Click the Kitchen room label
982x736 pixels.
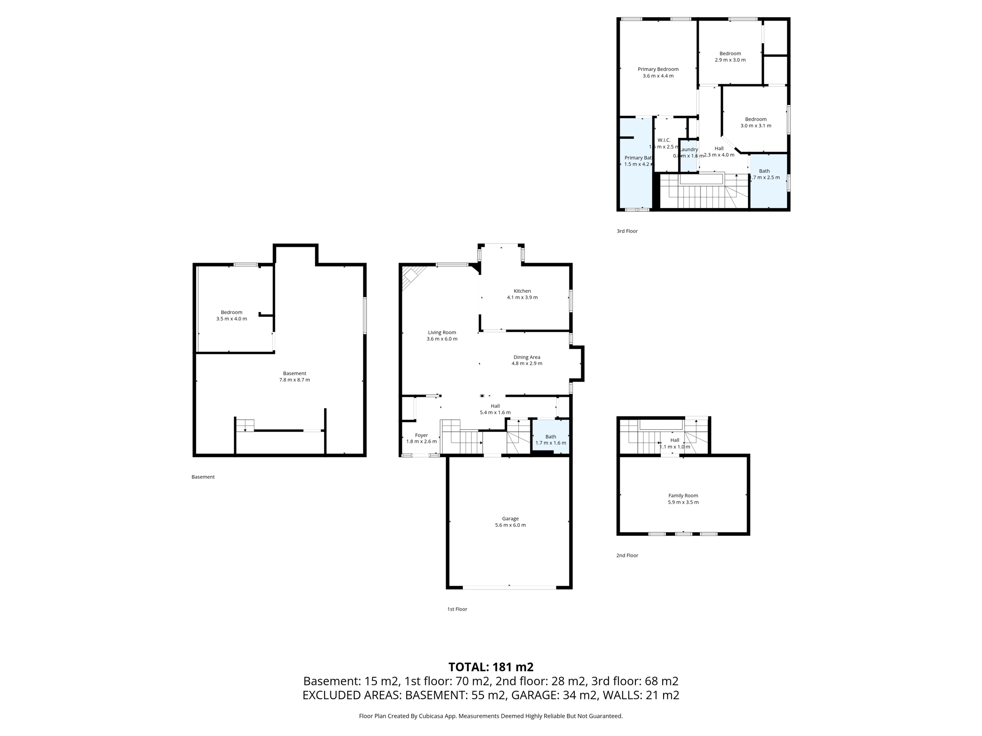click(522, 291)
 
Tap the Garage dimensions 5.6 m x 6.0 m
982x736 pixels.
click(510, 525)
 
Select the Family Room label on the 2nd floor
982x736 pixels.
click(683, 496)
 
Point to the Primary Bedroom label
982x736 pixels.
click(658, 69)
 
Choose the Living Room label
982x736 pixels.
click(442, 333)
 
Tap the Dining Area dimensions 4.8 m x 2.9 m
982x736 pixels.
click(526, 364)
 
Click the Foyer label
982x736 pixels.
click(421, 436)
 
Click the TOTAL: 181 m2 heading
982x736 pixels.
click(491, 667)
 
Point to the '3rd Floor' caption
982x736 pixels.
click(627, 231)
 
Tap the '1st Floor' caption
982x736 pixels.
click(457, 609)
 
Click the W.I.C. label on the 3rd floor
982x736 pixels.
click(664, 140)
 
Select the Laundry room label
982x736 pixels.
click(689, 149)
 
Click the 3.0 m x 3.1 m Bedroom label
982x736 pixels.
click(756, 123)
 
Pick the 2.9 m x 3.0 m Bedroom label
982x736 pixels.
click(730, 57)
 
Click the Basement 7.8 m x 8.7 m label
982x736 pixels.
click(294, 377)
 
